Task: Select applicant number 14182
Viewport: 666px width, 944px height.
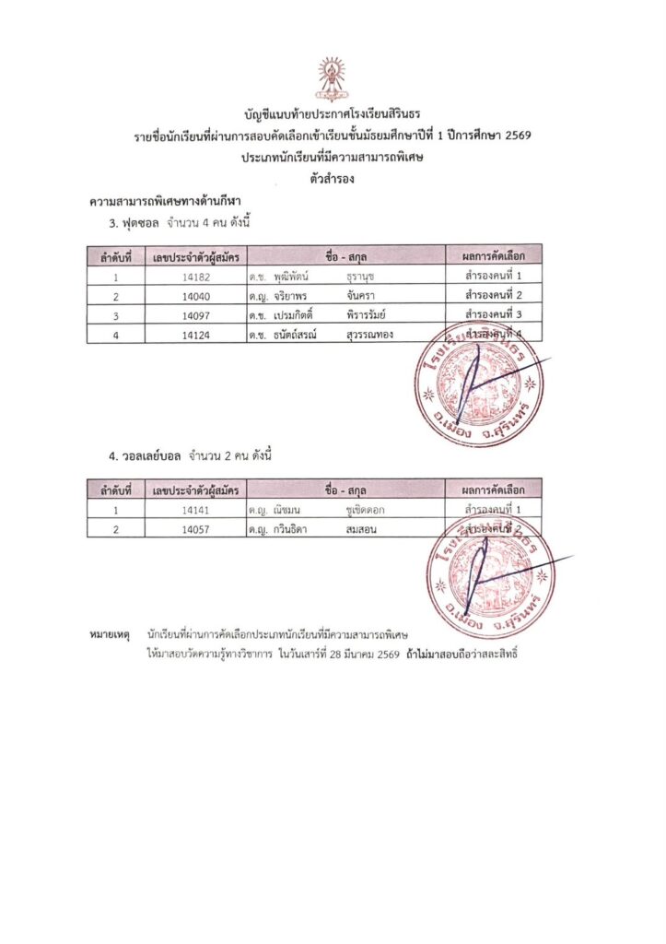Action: coord(196,276)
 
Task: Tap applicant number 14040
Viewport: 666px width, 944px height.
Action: coord(196,295)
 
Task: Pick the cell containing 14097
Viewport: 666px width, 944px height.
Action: coord(196,314)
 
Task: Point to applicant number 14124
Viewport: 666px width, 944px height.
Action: coord(196,334)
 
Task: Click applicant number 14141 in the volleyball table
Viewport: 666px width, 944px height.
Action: coord(196,509)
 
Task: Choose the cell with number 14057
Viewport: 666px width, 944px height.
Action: coord(196,528)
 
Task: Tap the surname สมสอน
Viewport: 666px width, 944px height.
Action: coord(363,528)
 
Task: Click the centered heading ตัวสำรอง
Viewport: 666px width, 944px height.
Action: coord(333,179)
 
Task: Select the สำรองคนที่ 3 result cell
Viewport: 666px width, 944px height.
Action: coord(494,314)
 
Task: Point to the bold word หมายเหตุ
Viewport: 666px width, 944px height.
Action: coord(109,635)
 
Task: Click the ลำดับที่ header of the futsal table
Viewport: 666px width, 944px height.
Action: coord(116,255)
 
